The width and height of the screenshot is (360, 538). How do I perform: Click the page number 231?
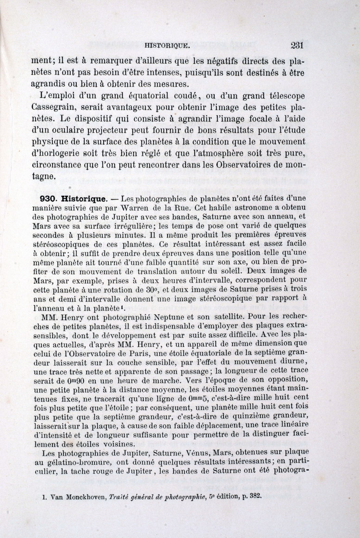tap(297, 45)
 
